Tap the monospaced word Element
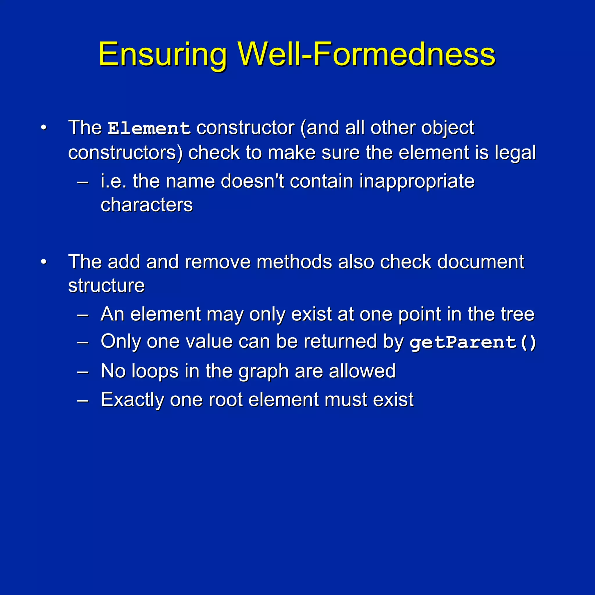[149, 128]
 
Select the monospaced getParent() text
[473, 343]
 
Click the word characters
[147, 205]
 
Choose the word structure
[106, 286]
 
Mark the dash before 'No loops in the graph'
[83, 372]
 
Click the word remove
[217, 262]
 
